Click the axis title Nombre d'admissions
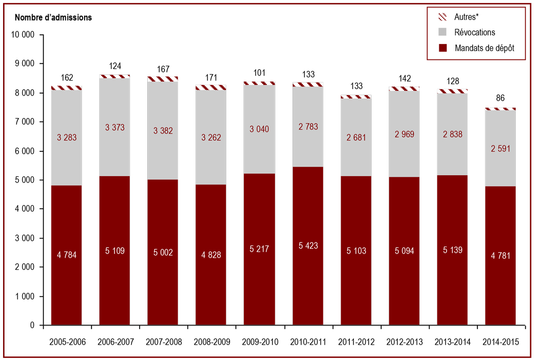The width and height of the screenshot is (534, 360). coord(53,17)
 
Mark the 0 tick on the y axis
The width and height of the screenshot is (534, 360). coord(32,325)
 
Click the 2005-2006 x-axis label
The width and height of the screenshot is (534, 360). coord(67,342)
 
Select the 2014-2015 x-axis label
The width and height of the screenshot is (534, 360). coord(501,342)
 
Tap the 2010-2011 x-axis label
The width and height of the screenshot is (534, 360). coord(308,342)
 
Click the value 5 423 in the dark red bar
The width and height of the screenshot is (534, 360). coord(308,246)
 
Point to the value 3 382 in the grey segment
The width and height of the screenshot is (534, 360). coord(163,131)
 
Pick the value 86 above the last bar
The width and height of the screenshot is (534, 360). coord(500,98)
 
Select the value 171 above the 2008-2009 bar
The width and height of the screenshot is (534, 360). coord(211,77)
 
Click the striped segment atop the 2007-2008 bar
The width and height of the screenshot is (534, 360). coord(163,79)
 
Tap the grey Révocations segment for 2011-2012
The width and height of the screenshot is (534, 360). coord(356,138)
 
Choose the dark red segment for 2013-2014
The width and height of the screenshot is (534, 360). coord(453,250)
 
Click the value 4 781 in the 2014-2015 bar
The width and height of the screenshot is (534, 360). coord(501,256)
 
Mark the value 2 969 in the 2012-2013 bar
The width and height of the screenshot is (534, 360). coord(404,134)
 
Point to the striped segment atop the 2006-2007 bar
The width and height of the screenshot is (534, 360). coord(115,76)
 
